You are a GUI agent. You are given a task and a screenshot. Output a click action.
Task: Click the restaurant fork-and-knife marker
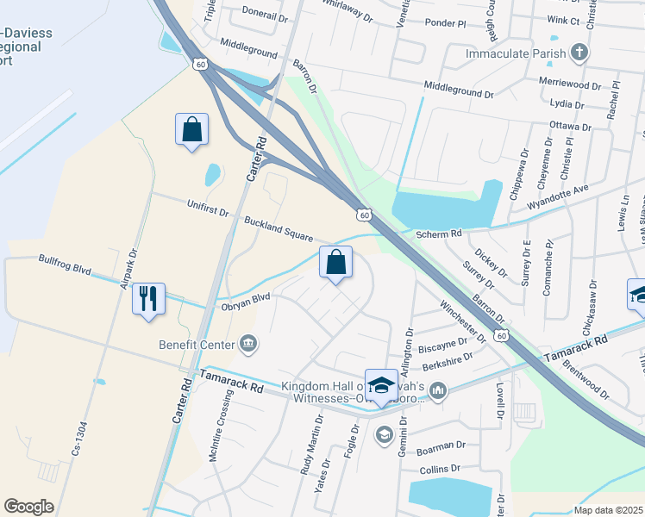click(148, 299)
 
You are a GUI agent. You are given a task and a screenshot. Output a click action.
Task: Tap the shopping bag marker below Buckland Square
click(335, 262)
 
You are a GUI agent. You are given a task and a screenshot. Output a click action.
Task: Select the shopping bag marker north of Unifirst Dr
click(191, 129)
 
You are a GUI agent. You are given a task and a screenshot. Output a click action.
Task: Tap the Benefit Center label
click(197, 345)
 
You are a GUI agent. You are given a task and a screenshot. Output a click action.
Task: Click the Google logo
click(28, 506)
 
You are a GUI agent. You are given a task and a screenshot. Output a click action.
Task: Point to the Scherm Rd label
click(439, 234)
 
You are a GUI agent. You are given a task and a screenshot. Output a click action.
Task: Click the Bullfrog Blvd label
click(65, 265)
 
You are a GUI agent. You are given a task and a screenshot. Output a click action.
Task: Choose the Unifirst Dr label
click(208, 207)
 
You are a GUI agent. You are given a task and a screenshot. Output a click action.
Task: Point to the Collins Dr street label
click(440, 470)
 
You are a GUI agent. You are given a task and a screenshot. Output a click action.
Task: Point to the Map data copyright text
click(608, 509)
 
